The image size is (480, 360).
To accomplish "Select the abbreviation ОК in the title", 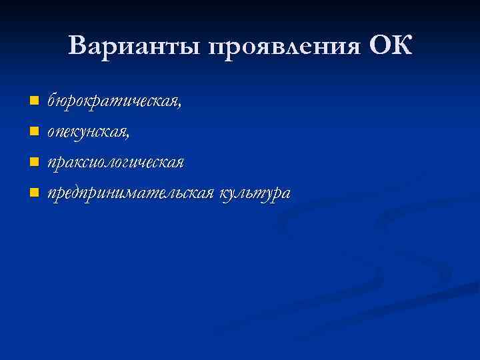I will click(x=391, y=47).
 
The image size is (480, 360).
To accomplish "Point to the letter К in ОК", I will click(x=403, y=47).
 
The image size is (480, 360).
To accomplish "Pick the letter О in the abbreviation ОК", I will click(x=379, y=47).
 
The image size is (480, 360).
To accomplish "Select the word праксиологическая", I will click(x=115, y=163).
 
